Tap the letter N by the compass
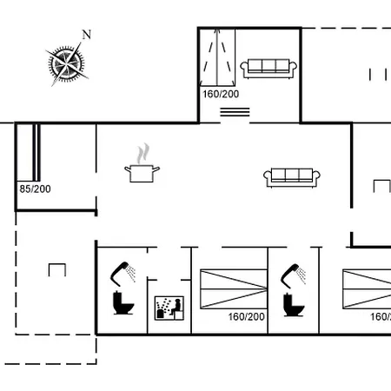pyautogui.click(x=86, y=35)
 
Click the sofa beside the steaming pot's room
pyautogui.click(x=293, y=176)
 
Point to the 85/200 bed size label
pyautogui.click(x=35, y=188)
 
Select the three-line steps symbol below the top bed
pyautogui.click(x=234, y=111)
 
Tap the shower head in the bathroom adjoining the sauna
pyautogui.click(x=125, y=272)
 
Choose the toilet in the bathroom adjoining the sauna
pyautogui.click(x=123, y=303)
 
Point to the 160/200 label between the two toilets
pyautogui.click(x=246, y=317)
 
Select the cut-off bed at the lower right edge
pyautogui.click(x=367, y=289)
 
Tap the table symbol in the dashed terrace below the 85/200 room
pyautogui.click(x=57, y=269)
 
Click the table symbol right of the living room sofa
pyautogui.click(x=381, y=185)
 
